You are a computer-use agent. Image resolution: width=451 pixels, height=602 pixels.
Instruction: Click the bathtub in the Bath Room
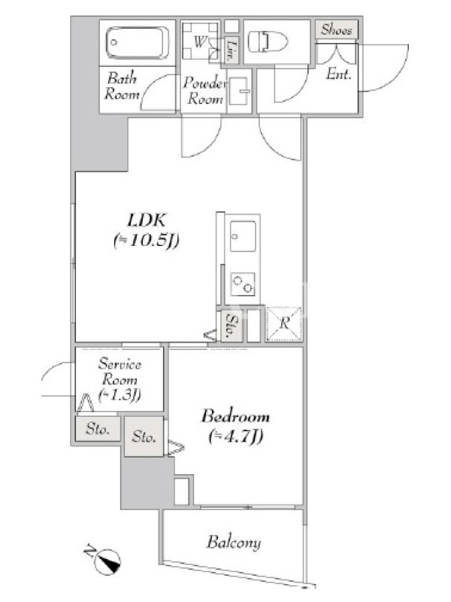coord(137,43)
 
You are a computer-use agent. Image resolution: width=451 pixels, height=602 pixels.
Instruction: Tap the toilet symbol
coord(268,42)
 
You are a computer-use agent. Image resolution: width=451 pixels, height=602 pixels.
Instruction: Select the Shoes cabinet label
coord(336,29)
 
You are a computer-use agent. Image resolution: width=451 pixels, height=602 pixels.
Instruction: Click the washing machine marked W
coord(200,41)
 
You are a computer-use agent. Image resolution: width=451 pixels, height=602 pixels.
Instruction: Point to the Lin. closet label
coord(231,50)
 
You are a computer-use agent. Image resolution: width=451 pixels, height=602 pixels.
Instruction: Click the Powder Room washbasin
coord(239,91)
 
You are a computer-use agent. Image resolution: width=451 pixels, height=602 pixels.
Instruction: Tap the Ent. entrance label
coord(339,74)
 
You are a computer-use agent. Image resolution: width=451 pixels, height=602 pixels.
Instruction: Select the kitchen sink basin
coord(243,236)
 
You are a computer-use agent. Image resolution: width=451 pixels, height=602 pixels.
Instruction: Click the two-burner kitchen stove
coord(243,284)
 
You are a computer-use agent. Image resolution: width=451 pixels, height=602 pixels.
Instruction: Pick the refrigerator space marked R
coord(284,324)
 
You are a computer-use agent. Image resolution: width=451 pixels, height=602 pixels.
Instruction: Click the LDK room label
coord(147,220)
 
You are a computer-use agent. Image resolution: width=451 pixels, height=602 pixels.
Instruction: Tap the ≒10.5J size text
coord(147,241)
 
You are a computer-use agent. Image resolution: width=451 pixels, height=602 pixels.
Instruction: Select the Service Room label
coord(120,372)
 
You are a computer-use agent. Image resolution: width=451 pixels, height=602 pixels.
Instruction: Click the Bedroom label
coord(235,416)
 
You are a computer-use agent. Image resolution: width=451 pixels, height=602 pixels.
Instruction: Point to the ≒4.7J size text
coord(235,436)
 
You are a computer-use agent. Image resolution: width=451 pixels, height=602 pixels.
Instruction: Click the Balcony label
coord(234,542)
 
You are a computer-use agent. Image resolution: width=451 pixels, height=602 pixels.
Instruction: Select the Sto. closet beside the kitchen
coord(232,325)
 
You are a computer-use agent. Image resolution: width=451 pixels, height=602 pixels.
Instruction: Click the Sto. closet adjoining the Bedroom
coord(144,436)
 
